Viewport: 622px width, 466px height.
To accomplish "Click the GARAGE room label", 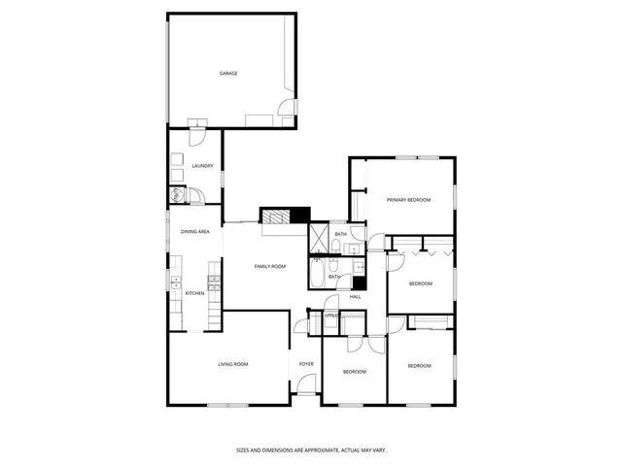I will coord(228,74).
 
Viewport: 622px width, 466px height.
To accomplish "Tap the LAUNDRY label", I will coord(202,166).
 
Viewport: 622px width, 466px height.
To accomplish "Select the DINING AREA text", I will coord(195,232).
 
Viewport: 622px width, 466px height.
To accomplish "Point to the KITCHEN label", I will coord(194,293).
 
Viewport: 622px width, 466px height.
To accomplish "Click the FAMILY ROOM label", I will coord(269,266).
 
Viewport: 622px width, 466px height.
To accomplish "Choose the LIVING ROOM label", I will coord(232,364).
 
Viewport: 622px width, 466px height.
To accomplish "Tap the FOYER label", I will coord(306,364).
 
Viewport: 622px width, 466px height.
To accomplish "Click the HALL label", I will coord(356,296).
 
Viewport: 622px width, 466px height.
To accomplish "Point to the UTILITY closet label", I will coord(331,316).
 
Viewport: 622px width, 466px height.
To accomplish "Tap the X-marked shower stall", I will coord(320,238).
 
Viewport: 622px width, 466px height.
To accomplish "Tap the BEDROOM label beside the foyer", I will coord(354,372).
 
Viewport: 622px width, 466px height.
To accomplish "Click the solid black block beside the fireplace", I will coord(302,216).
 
